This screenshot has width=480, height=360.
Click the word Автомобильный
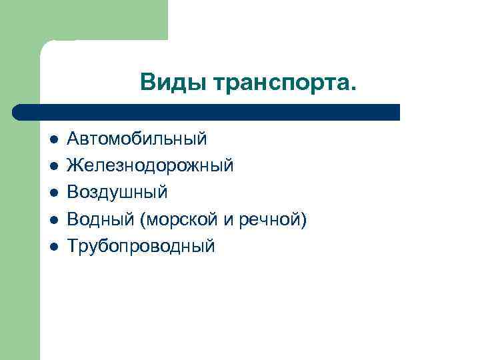pyautogui.click(x=137, y=139)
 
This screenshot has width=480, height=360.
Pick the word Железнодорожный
pyautogui.click(x=150, y=165)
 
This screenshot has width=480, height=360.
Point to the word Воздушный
pyautogui.click(x=117, y=193)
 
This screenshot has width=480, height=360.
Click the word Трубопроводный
pyautogui.click(x=141, y=246)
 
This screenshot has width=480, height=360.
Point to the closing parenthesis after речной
pyautogui.click(x=304, y=220)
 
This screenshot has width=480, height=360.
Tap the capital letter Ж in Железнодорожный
pyautogui.click(x=74, y=165)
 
